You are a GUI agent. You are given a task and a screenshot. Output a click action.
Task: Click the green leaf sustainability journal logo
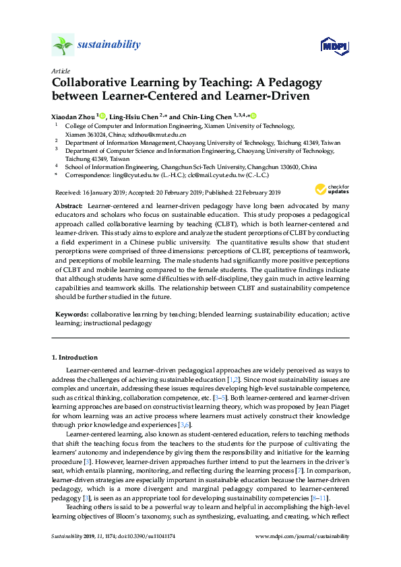[62, 46]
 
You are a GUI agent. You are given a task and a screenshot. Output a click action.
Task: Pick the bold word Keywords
[70, 314]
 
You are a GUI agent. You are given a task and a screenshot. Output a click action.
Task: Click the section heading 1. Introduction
[75, 357]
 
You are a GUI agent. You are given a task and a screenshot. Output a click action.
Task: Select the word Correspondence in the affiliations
[85, 174]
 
